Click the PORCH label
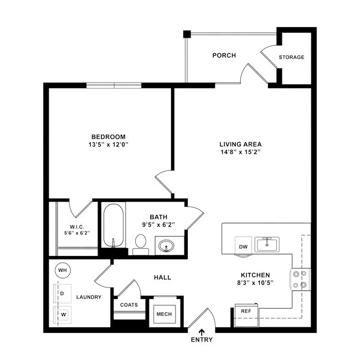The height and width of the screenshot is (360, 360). [x=224, y=55]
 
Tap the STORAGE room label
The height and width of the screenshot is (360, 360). [x=291, y=57]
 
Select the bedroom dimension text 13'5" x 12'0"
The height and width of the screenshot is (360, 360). [x=109, y=145]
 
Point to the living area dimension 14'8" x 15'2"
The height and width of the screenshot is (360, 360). [x=240, y=152]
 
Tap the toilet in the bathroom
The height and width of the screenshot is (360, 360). [x=141, y=243]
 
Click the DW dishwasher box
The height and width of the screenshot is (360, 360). [x=243, y=246]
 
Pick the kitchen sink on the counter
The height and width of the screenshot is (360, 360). [x=268, y=243]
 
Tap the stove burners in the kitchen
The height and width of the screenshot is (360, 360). [x=300, y=280]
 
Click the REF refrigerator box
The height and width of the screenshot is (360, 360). [x=246, y=311]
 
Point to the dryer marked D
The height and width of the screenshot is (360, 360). [x=62, y=293]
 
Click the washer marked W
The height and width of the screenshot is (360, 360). [x=62, y=314]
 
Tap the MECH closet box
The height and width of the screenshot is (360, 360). [x=164, y=314]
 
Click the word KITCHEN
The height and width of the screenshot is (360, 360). [x=255, y=275]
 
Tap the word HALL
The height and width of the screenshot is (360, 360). [x=162, y=277]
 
